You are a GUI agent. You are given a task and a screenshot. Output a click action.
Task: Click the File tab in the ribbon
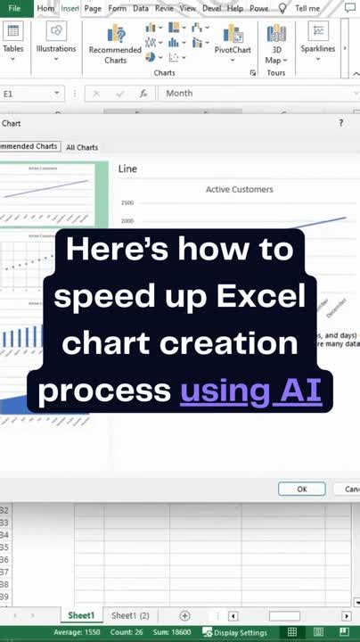point(14,8)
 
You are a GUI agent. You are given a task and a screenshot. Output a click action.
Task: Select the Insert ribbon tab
point(70,8)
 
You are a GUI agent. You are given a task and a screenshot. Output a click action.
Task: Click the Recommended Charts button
point(115,44)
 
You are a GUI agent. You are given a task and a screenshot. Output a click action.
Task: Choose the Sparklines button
point(318,40)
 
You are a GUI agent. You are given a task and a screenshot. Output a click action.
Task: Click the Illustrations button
point(56,39)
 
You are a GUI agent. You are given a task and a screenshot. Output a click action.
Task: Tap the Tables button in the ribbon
point(12,39)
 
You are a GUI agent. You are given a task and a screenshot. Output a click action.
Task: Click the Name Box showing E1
point(27,93)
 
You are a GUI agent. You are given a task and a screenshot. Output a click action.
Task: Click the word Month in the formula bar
point(179,93)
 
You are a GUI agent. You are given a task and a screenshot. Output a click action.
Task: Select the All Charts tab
point(82,147)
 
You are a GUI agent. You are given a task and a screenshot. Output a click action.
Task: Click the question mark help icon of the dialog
point(340,123)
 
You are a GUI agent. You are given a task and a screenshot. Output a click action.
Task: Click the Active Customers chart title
point(239,189)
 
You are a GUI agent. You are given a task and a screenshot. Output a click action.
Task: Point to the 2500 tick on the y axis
point(127,203)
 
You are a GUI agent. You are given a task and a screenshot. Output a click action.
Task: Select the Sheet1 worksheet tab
point(81,616)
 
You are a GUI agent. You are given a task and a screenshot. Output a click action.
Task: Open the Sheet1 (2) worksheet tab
point(130,616)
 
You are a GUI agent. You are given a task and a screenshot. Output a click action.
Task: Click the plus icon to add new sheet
point(184,616)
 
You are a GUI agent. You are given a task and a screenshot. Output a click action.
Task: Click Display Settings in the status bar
point(235,632)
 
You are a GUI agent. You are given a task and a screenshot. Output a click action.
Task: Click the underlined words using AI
point(250,390)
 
